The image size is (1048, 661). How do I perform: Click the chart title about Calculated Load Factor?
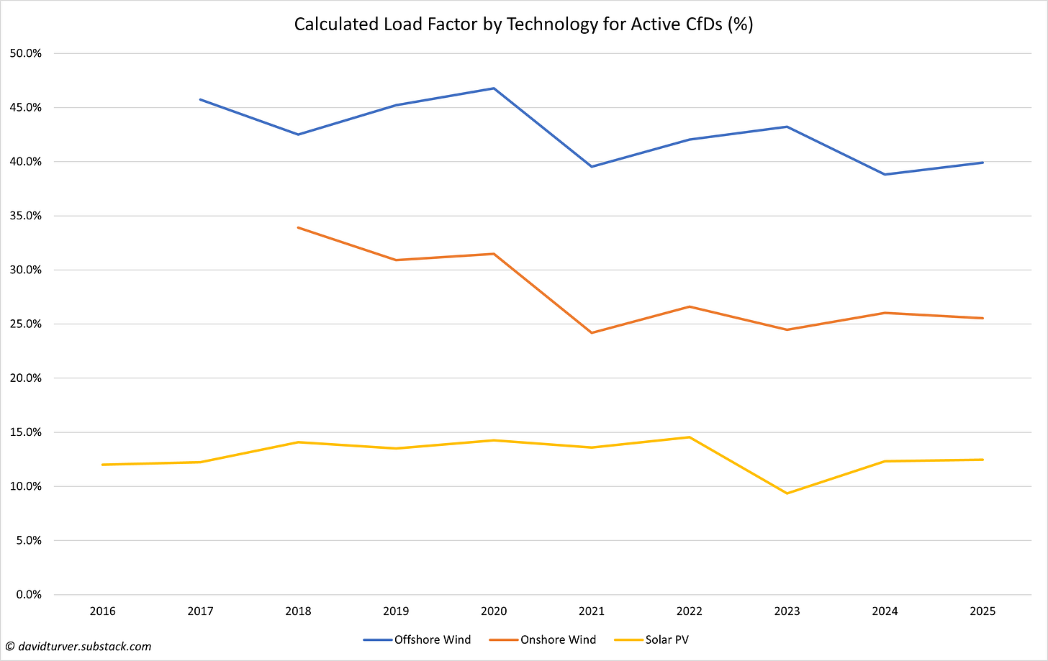523,24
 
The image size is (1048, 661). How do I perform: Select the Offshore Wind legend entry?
432,639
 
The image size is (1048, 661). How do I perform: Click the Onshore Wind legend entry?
558,639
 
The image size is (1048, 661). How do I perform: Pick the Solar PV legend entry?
667,639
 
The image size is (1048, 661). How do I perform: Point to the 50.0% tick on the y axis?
27,53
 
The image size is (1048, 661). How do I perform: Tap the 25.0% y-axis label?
27,324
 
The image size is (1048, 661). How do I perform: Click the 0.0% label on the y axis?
29,594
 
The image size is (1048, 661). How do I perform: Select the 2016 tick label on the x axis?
102,611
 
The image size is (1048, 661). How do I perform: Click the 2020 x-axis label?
494,611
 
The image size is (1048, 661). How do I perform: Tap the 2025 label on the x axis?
982,611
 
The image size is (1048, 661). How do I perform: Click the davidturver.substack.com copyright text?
78,647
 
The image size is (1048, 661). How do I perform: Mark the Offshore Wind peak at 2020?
494,88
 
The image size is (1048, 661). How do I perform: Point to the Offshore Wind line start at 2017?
200,99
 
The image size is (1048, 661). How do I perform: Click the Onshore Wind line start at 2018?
298,227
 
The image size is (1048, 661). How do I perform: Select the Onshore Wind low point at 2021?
592,333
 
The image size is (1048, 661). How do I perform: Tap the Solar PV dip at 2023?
787,493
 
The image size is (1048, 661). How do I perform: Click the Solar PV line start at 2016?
102,465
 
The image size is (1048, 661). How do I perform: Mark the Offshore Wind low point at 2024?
885,174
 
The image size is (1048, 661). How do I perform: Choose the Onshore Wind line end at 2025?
982,318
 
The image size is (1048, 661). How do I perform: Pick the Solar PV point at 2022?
690,437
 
